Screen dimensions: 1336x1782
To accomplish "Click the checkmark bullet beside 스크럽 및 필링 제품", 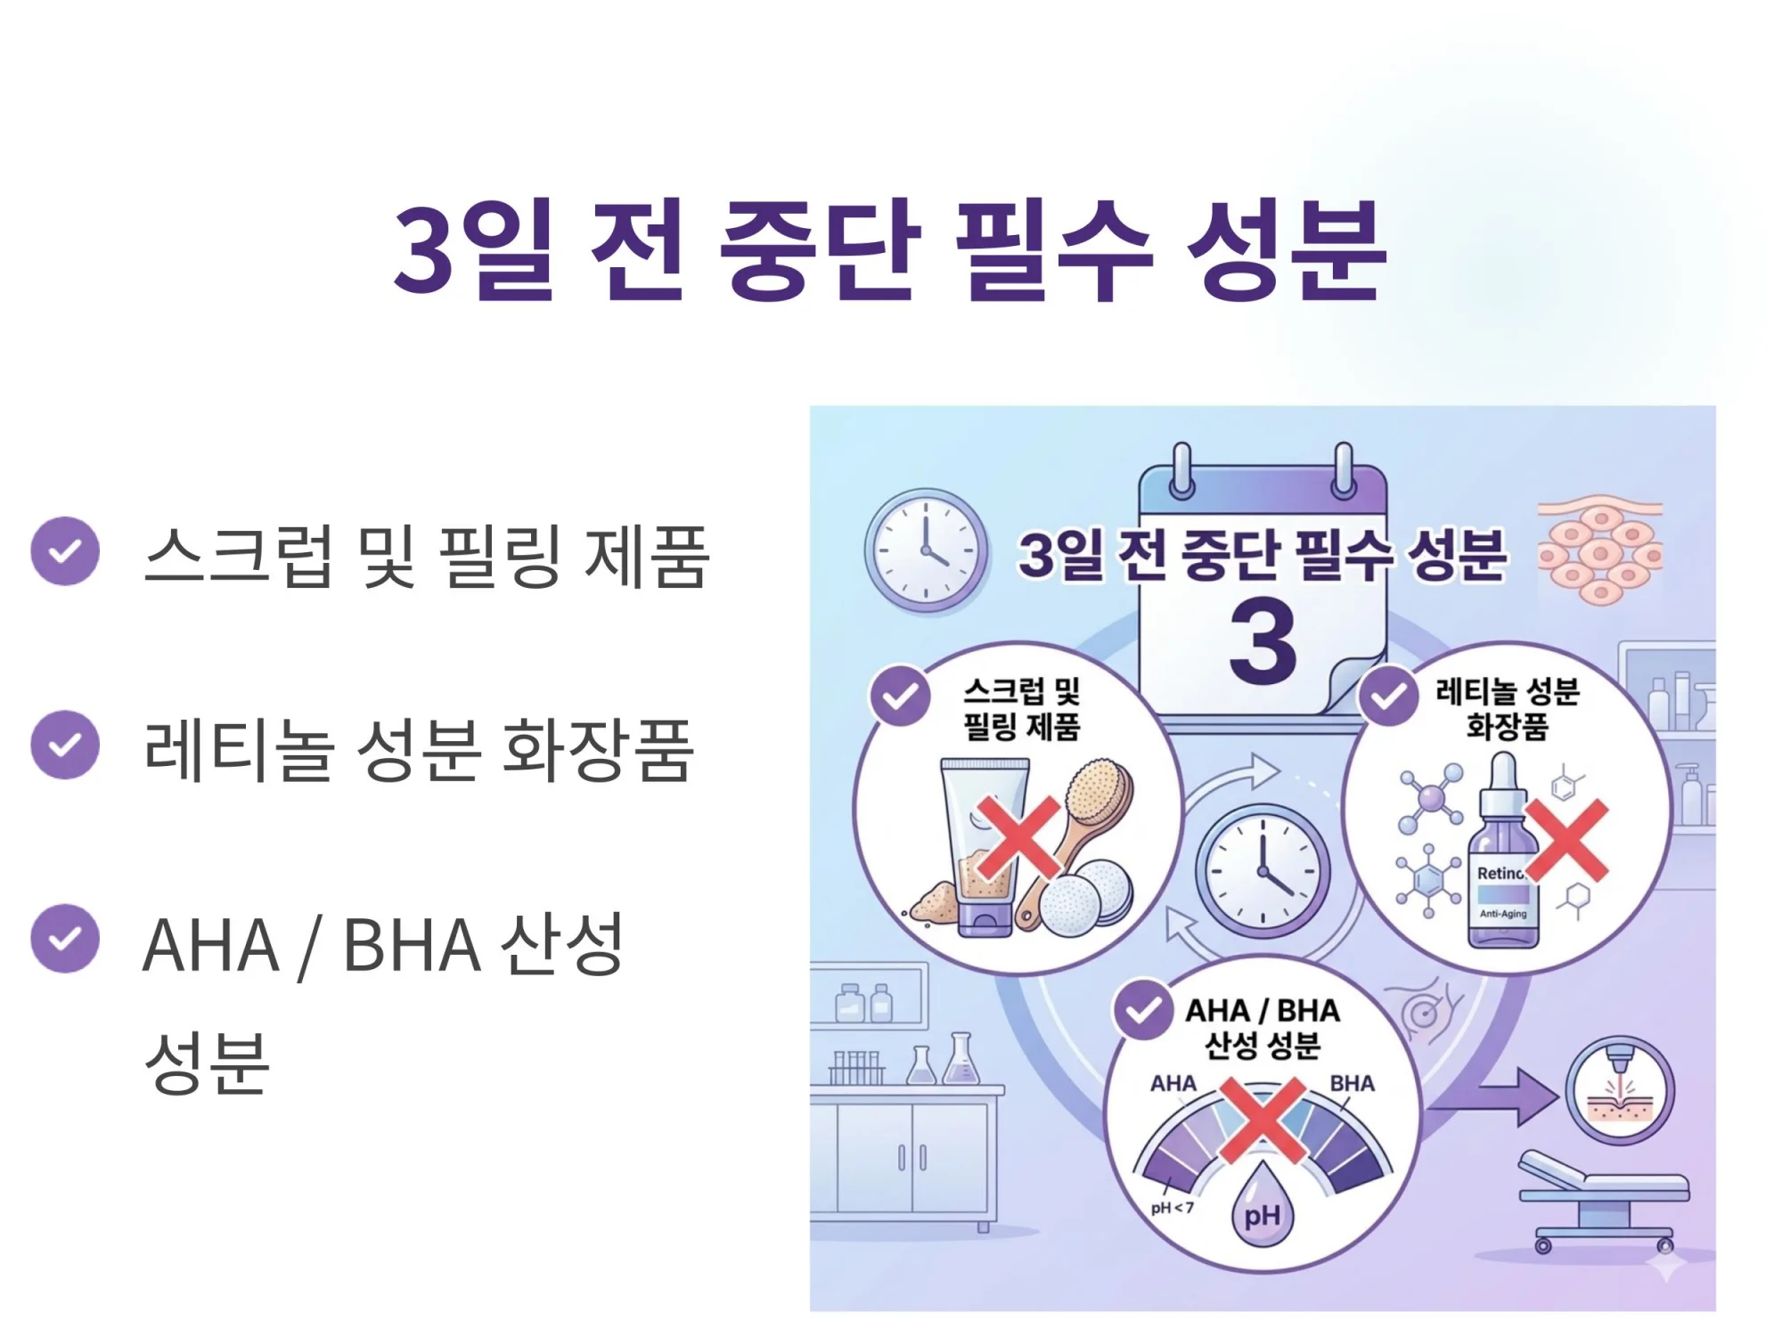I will coord(65,551).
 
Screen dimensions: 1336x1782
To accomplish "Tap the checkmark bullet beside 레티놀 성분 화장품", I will coord(65,745).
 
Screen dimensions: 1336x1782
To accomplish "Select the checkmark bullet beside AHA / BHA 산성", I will coord(65,939).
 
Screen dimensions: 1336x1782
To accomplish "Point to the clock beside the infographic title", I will coord(927,550).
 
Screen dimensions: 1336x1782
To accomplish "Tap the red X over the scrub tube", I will coord(1018,835).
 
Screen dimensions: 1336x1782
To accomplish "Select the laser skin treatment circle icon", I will coord(1620,1091).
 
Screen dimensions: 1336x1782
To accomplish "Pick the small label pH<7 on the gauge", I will coord(1172,1208).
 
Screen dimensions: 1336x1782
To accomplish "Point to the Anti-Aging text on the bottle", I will coord(1503,914).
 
